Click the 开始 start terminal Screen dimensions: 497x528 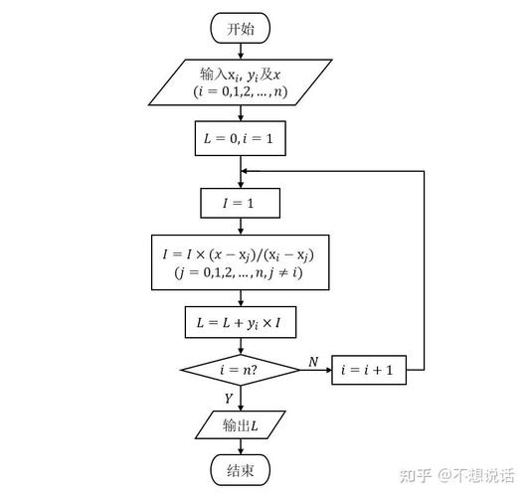[241, 29]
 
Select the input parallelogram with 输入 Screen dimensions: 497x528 [240, 82]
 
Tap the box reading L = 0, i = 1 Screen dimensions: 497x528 [240, 139]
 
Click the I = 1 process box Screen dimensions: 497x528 [240, 204]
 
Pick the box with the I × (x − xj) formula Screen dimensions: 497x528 [240, 261]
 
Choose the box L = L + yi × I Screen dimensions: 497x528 [240, 322]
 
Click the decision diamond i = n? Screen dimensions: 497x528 [240, 370]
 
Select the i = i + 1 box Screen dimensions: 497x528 [368, 370]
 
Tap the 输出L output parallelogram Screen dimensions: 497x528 [240, 426]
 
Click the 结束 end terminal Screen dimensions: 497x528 [241, 471]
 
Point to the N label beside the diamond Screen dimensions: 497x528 [313, 362]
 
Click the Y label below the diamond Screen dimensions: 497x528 [229, 398]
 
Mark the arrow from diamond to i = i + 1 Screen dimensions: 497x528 [316, 371]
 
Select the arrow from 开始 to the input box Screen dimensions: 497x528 [240, 52]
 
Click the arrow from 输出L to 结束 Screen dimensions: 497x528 [240, 448]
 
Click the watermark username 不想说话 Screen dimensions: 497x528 [483, 473]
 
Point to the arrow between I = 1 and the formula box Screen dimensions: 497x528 [240, 227]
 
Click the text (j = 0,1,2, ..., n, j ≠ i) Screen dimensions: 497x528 [240, 271]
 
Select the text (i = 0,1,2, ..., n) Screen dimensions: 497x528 [240, 91]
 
